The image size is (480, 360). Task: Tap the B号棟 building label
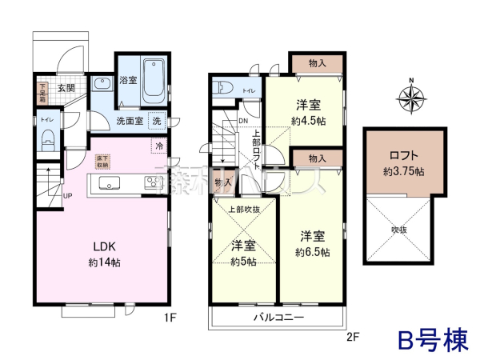tap(434, 339)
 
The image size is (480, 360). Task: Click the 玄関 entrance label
tap(66, 88)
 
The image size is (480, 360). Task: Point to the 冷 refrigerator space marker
tap(158, 146)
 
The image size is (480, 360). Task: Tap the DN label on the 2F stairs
tap(242, 121)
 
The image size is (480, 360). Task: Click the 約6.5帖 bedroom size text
tap(311, 252)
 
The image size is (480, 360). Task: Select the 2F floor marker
tap(352, 337)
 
